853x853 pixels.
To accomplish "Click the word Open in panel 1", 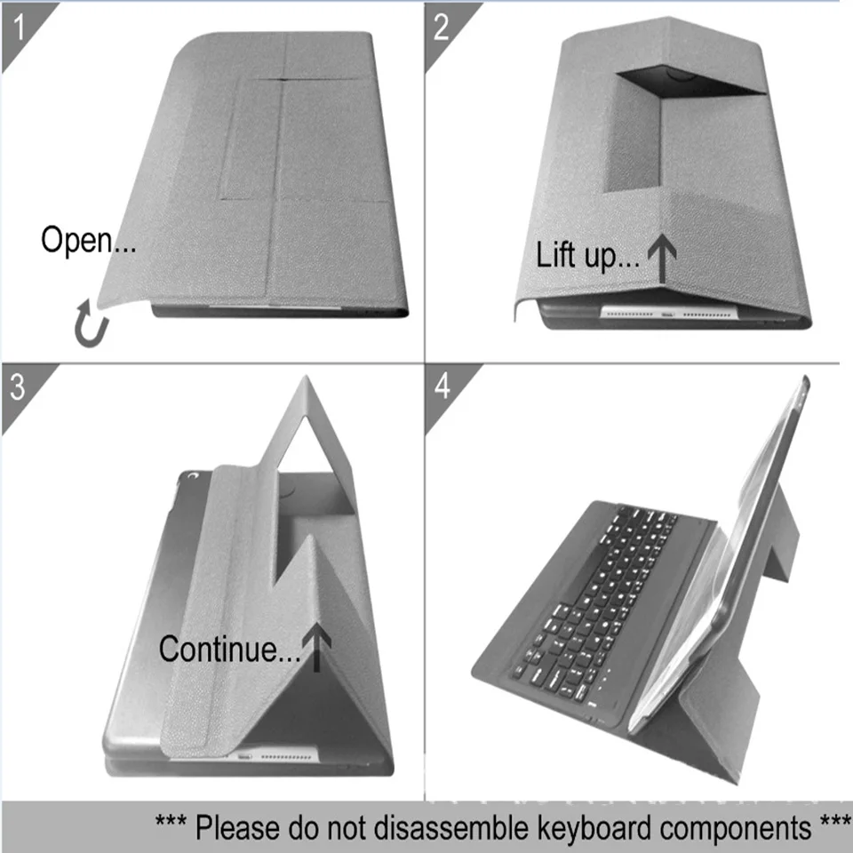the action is coord(76,240).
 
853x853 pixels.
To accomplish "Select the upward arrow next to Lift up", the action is coord(662,259).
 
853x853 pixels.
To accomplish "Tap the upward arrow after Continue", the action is coord(316,648).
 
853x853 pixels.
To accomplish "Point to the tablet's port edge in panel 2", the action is coord(669,314).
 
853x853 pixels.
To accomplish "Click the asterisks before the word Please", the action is coord(171,820).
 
